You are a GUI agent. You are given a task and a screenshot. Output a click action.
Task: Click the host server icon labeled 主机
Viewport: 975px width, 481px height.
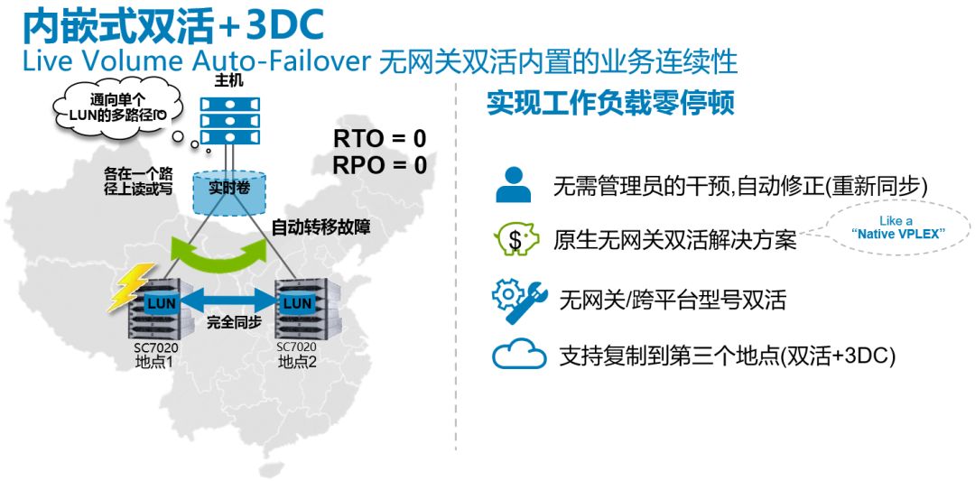229,121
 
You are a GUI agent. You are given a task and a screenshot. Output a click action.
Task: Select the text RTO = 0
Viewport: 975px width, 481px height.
380,139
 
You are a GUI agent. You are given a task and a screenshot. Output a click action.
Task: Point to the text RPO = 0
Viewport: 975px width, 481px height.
380,165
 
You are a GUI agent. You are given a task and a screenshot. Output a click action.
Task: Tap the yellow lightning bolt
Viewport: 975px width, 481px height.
131,286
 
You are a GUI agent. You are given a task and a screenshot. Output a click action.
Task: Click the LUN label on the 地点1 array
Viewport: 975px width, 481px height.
162,304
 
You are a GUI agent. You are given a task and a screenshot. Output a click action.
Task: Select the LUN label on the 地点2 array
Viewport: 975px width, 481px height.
297,304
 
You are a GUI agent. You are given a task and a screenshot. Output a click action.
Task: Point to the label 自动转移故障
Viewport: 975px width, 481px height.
320,228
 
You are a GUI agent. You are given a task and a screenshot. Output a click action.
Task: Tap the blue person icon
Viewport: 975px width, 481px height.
513,185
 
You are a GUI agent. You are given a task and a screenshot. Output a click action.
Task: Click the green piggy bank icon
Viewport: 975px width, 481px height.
515,240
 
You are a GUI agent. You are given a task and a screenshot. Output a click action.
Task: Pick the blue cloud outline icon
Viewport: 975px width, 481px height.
519,354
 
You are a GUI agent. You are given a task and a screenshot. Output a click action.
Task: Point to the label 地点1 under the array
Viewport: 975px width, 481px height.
153,361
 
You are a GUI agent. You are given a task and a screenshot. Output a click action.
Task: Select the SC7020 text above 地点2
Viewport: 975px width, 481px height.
297,347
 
